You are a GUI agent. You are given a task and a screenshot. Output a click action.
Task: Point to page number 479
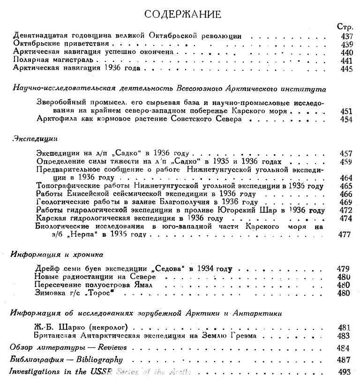[343, 269]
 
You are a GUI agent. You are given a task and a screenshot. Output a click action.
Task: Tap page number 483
[343, 336]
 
